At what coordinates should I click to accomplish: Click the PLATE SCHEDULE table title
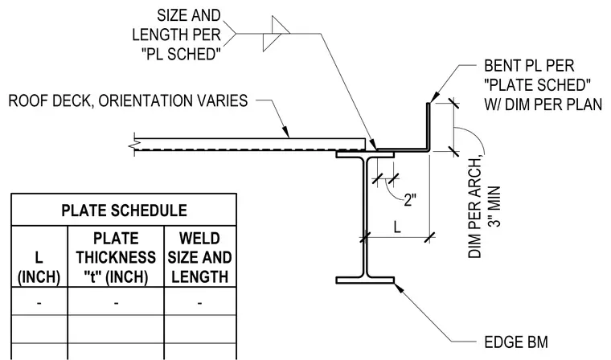click(x=124, y=211)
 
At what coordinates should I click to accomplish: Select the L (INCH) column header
click(x=39, y=268)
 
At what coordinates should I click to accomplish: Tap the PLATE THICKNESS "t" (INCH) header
click(x=116, y=257)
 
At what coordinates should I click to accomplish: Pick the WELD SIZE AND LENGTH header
click(x=200, y=257)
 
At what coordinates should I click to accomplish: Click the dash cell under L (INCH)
click(x=39, y=303)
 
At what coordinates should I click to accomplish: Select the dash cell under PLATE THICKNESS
click(x=116, y=303)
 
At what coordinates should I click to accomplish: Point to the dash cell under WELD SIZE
click(x=200, y=303)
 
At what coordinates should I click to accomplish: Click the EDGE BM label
click(x=516, y=342)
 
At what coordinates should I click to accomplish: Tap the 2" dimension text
click(x=410, y=200)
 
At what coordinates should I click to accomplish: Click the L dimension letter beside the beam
click(x=397, y=227)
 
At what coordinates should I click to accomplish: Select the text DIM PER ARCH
click(x=475, y=208)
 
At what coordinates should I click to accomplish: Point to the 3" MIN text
click(x=494, y=206)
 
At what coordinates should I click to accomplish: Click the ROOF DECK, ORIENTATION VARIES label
click(x=128, y=100)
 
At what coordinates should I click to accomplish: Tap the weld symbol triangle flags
click(x=277, y=34)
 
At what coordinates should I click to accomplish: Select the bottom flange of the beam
click(x=365, y=280)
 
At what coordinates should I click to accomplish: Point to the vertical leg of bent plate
click(x=428, y=125)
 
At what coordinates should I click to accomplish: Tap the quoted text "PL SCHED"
click(x=179, y=54)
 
